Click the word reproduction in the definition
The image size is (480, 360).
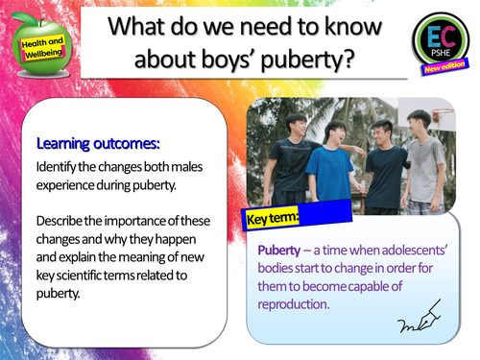point(300,305)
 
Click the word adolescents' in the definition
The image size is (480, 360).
point(408,251)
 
